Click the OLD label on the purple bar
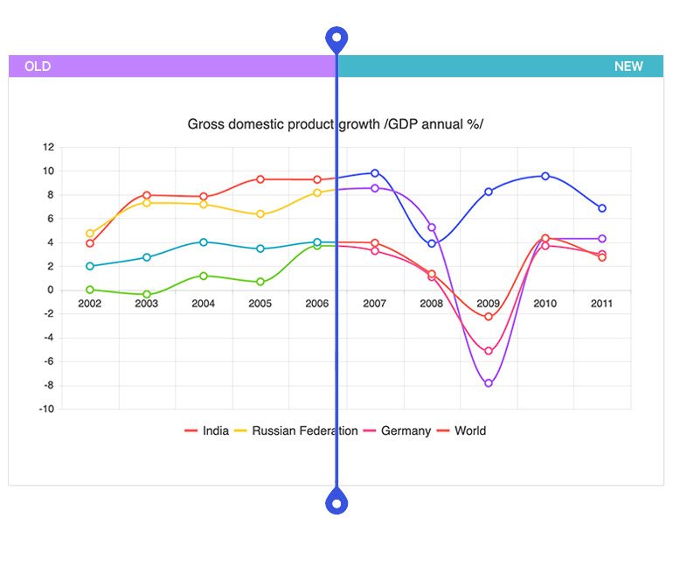[38, 66]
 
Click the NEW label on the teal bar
[628, 66]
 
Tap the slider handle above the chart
[336, 38]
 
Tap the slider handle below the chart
[336, 502]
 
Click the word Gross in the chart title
[206, 124]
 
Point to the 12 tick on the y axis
[48, 147]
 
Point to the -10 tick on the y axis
[47, 409]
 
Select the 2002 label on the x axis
[90, 304]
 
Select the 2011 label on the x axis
[601, 304]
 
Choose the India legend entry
[207, 430]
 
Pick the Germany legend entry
[397, 430]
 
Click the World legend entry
[461, 430]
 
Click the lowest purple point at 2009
[489, 383]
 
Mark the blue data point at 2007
[375, 173]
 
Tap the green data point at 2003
[147, 294]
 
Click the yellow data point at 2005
[260, 213]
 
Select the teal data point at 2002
[90, 266]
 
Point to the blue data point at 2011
[602, 208]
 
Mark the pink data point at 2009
[489, 351]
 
